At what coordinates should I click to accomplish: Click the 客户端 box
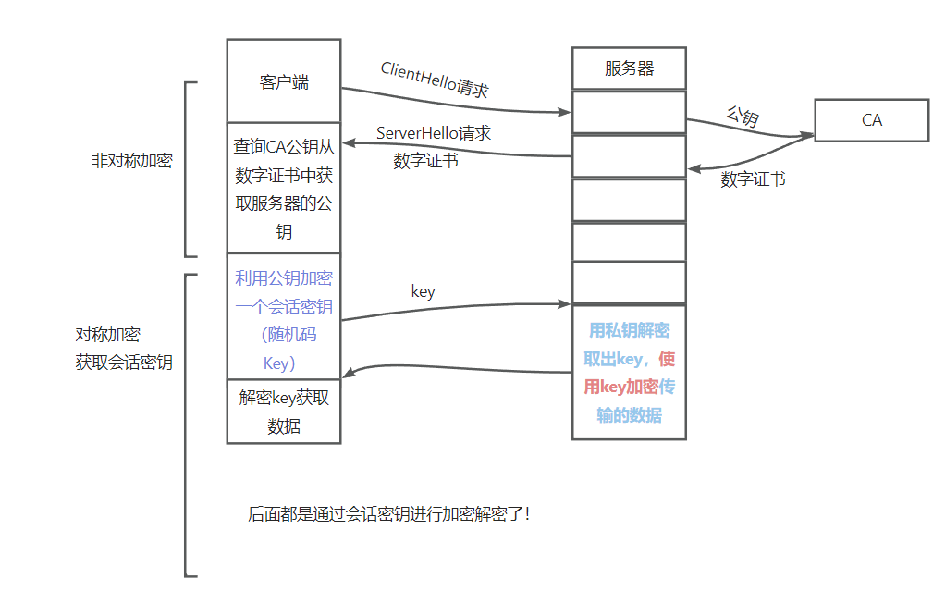pyautogui.click(x=284, y=81)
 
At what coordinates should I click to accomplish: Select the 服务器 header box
pyautogui.click(x=629, y=68)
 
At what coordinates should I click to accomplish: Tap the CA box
pyautogui.click(x=871, y=120)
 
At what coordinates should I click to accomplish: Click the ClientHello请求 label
pyautogui.click(x=434, y=80)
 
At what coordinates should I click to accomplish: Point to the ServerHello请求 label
pyautogui.click(x=433, y=133)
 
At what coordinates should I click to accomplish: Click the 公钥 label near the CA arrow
pyautogui.click(x=742, y=117)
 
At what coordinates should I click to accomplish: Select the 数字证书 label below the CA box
pyautogui.click(x=753, y=179)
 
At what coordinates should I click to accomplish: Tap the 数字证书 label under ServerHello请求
pyautogui.click(x=425, y=161)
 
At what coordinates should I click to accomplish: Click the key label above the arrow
pyautogui.click(x=423, y=291)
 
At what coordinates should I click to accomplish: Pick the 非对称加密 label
pyautogui.click(x=131, y=160)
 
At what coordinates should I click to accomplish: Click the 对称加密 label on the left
pyautogui.click(x=107, y=335)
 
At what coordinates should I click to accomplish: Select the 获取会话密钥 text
pyautogui.click(x=124, y=363)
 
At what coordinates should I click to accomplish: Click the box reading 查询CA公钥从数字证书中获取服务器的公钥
pyautogui.click(x=284, y=189)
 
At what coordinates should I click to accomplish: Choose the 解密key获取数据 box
pyautogui.click(x=284, y=412)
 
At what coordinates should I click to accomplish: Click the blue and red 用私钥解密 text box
pyautogui.click(x=629, y=372)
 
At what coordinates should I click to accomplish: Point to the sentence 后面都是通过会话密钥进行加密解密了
pyautogui.click(x=388, y=514)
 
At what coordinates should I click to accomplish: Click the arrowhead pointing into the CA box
pyautogui.click(x=809, y=136)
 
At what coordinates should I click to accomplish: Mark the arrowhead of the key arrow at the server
pyautogui.click(x=566, y=303)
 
